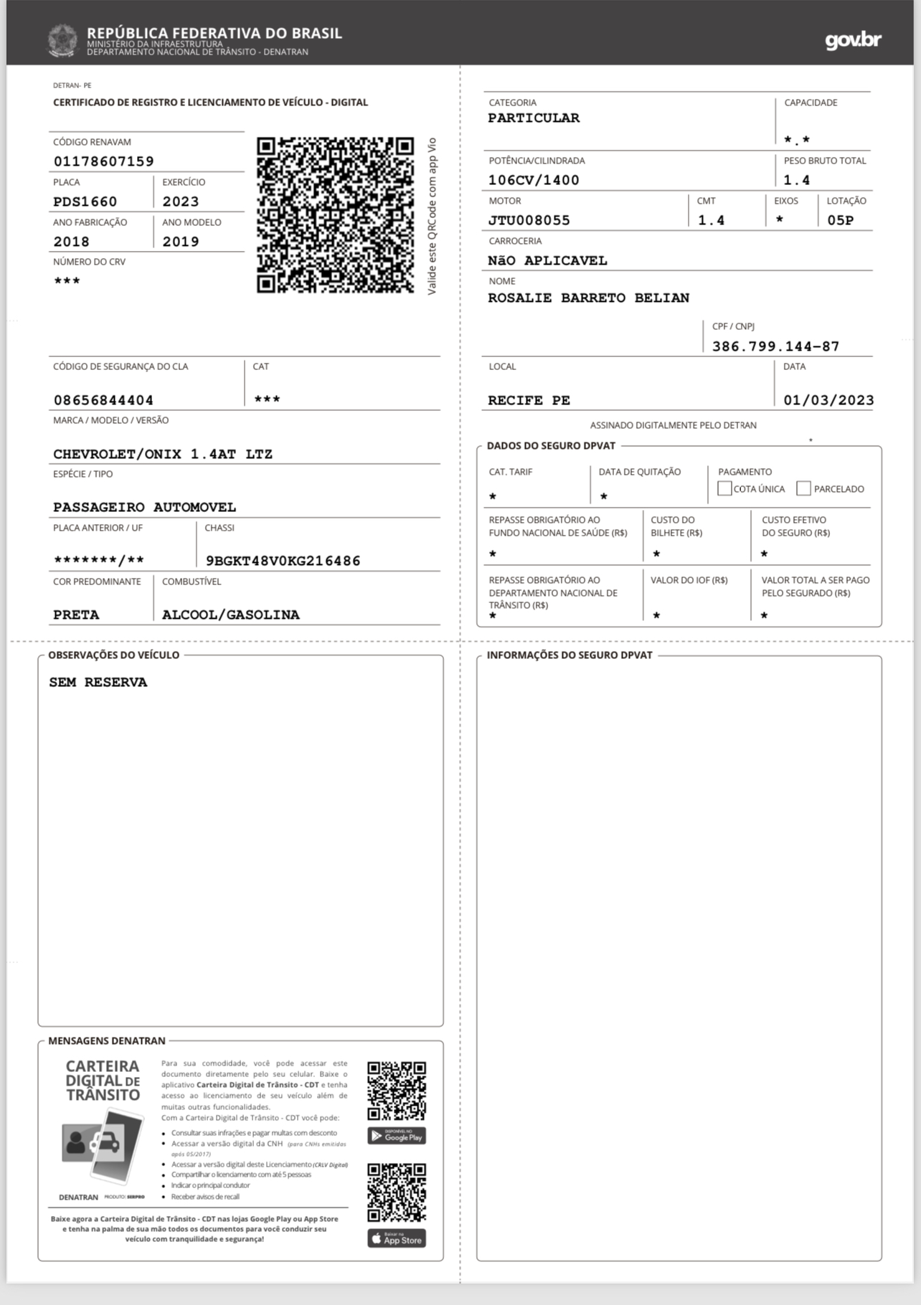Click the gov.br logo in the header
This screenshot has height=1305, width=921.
853,40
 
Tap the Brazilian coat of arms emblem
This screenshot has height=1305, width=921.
62,40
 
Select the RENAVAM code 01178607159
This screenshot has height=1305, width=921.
104,161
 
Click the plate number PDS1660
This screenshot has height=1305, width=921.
85,201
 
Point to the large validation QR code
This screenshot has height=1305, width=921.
335,215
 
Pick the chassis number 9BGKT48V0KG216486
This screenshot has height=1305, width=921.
283,561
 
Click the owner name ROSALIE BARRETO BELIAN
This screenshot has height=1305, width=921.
588,298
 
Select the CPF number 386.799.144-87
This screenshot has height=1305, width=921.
775,346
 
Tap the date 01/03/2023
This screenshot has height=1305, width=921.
828,400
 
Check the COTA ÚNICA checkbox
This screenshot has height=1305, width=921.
724,488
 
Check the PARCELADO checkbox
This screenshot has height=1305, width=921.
803,488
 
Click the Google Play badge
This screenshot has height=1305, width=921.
397,1136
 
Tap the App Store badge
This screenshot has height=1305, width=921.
397,1239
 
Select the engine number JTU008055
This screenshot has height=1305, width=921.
529,220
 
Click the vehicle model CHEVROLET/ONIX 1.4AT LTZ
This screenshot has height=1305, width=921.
163,454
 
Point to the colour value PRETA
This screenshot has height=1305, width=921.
76,614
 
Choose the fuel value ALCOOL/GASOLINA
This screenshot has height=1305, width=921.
230,614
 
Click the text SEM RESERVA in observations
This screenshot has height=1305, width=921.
98,682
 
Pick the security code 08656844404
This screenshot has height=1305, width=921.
103,400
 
